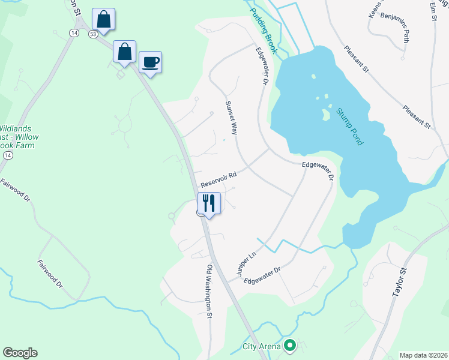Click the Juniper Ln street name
pyautogui.click(x=247, y=263)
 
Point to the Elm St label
pyautogui.click(x=433, y=11)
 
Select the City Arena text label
pyautogui.click(x=262, y=346)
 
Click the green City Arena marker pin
pyautogui.click(x=291, y=345)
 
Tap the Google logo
pyautogui.click(x=20, y=352)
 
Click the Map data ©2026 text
pyautogui.click(x=423, y=355)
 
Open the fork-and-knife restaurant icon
pyautogui.click(x=209, y=202)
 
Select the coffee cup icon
pyautogui.click(x=150, y=62)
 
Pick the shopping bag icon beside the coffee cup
pyautogui.click(x=124, y=52)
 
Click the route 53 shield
pyautogui.click(x=92, y=34)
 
